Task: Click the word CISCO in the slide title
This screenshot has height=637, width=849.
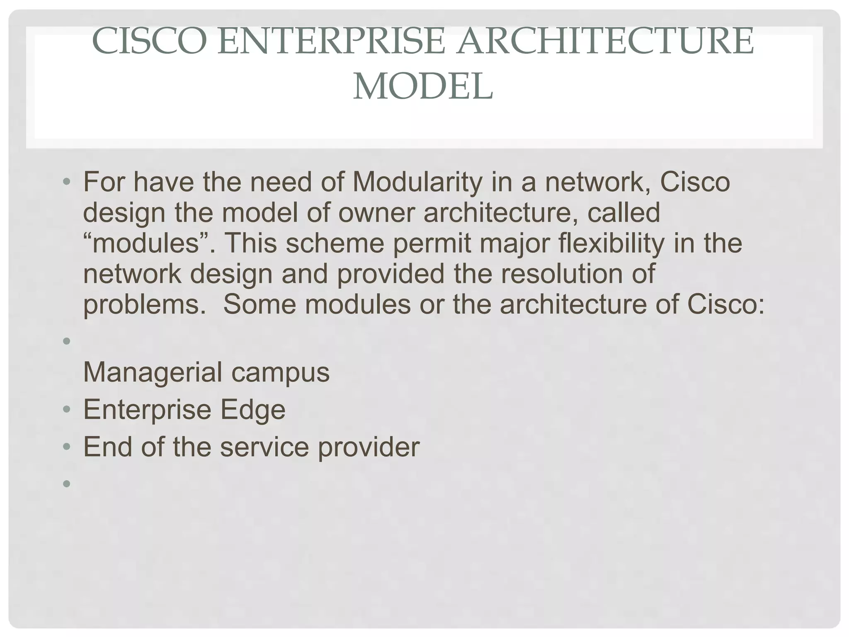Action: tap(149, 41)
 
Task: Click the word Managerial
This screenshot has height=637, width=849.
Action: tap(153, 372)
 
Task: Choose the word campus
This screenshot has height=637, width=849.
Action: tap(280, 372)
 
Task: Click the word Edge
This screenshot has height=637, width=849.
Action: tap(252, 410)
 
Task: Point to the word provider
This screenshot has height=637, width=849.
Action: tap(369, 447)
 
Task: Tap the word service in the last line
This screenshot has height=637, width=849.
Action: tap(264, 447)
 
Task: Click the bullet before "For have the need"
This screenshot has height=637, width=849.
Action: tap(66, 182)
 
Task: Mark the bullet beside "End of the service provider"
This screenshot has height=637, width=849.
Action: tap(66, 448)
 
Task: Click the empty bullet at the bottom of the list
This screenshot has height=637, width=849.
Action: tap(66, 483)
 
